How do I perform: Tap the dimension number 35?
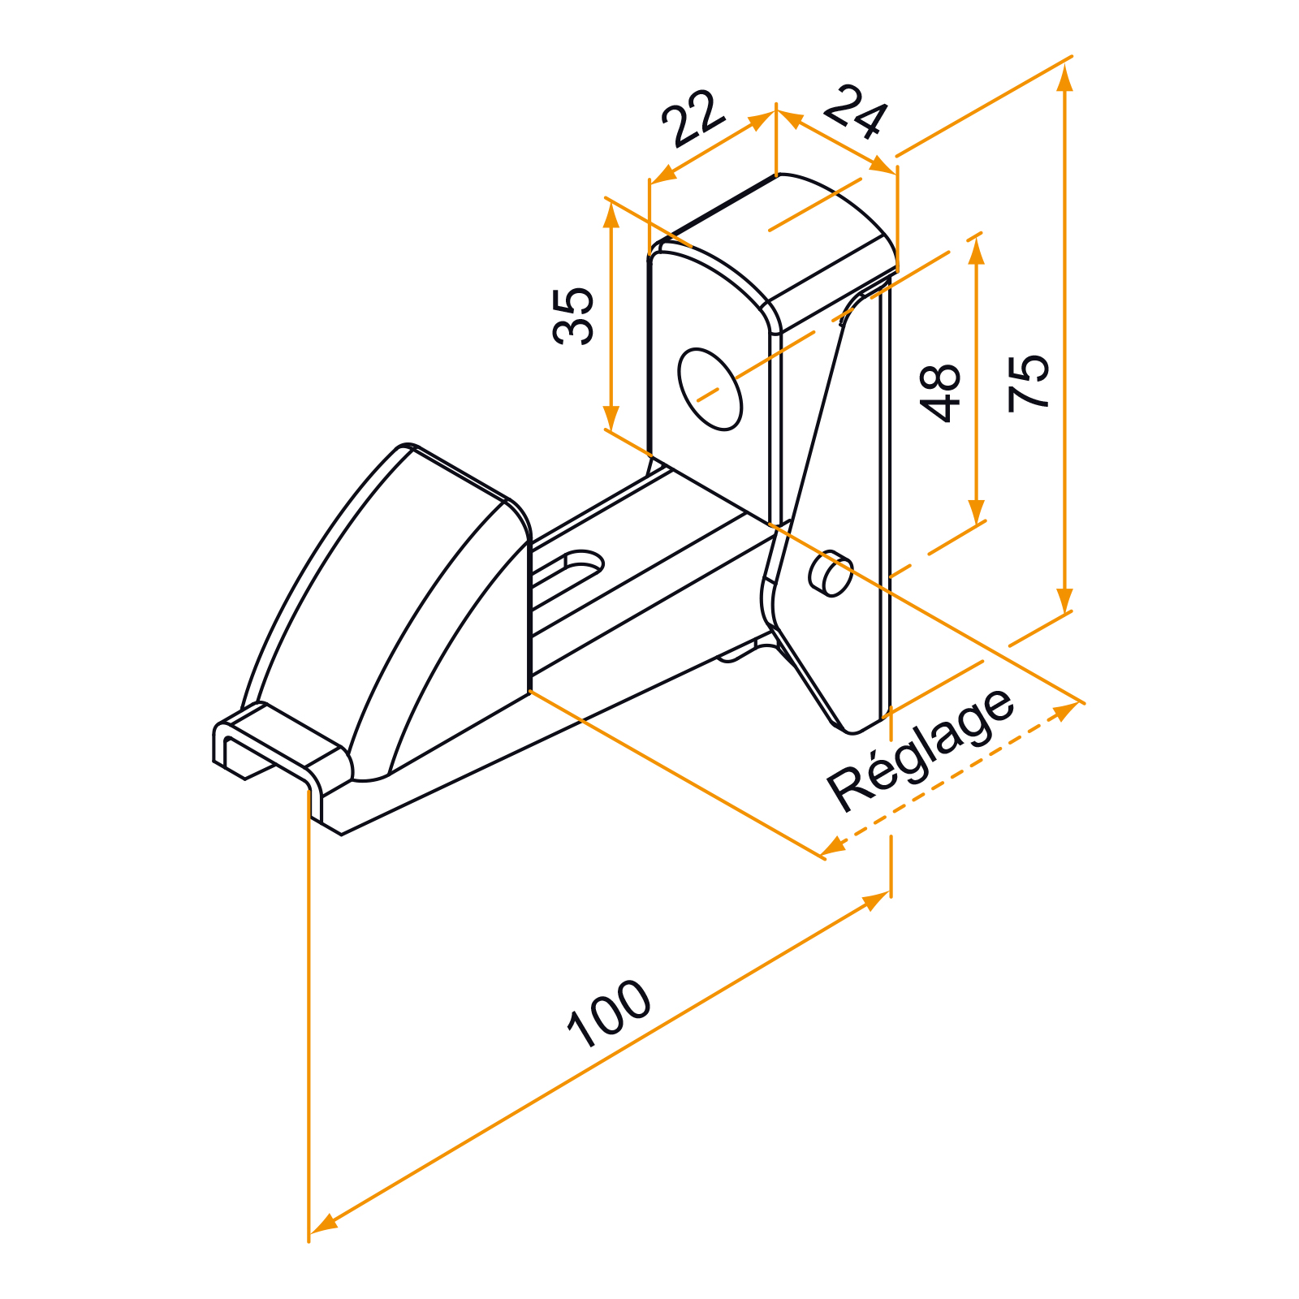pos(574,316)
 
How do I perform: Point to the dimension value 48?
pos(940,393)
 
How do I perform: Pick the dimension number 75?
pos(1029,382)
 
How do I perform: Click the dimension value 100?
pos(609,1014)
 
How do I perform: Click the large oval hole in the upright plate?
pos(710,389)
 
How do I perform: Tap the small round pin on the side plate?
pos(831,573)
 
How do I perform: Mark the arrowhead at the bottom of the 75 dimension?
pos(1065,602)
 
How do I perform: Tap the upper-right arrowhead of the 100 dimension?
pos(875,901)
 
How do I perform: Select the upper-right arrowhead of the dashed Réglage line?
pos(1065,712)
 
